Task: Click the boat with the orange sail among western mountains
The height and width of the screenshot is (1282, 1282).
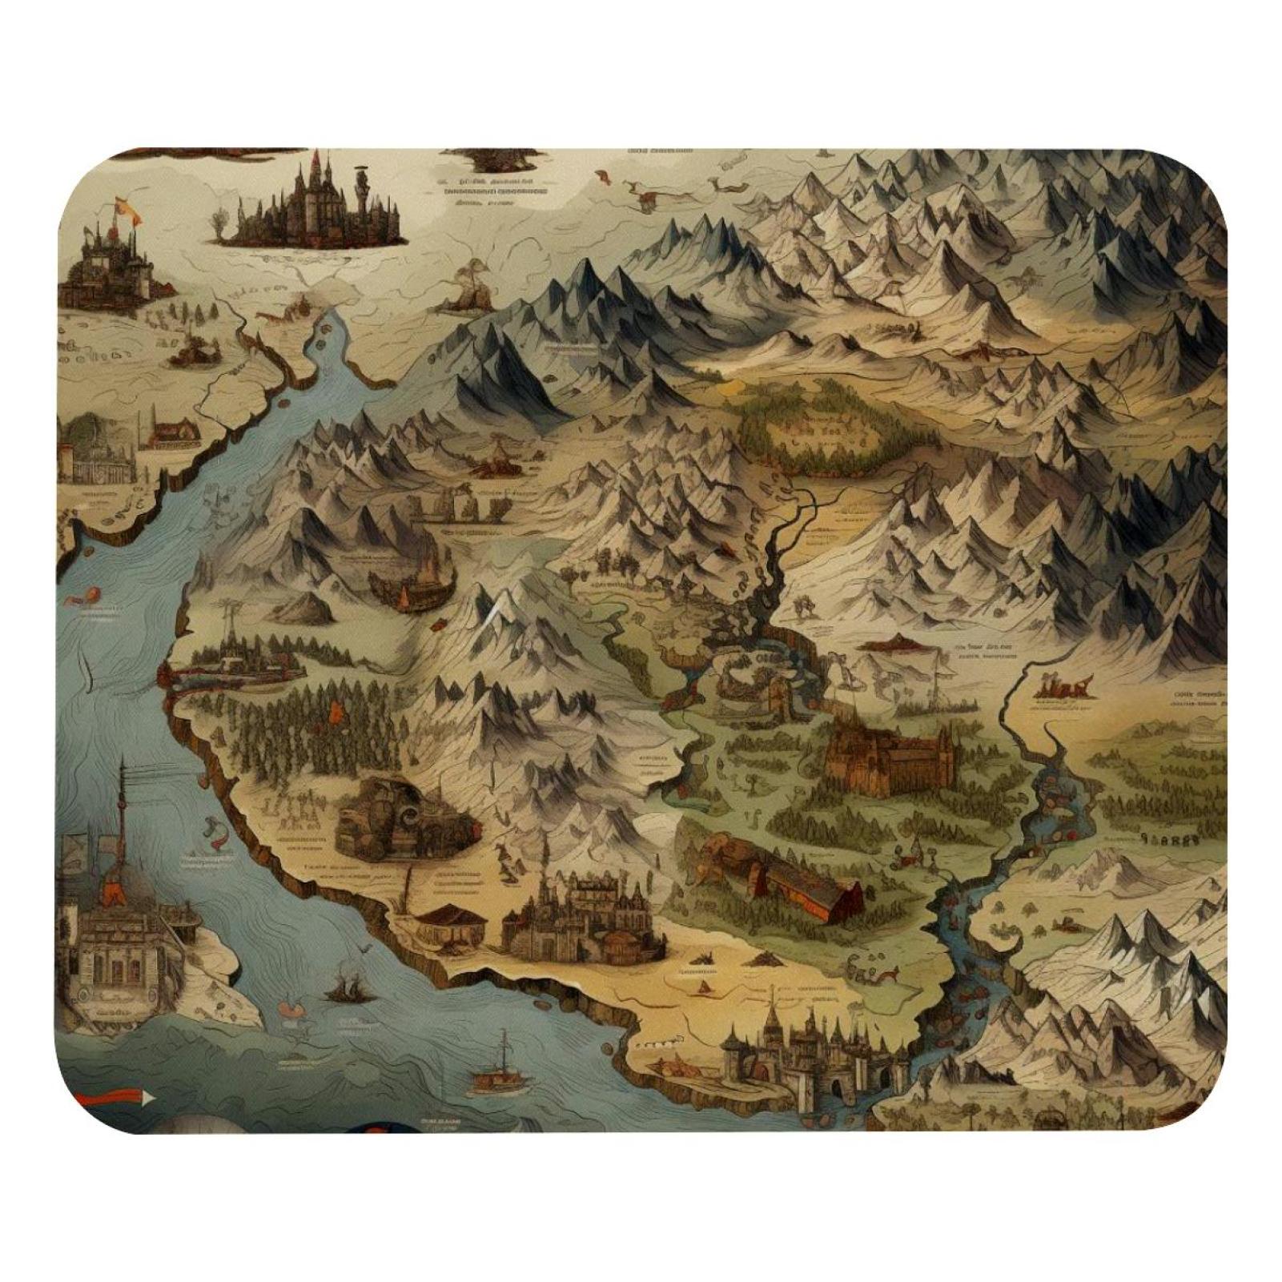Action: (x=406, y=594)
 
